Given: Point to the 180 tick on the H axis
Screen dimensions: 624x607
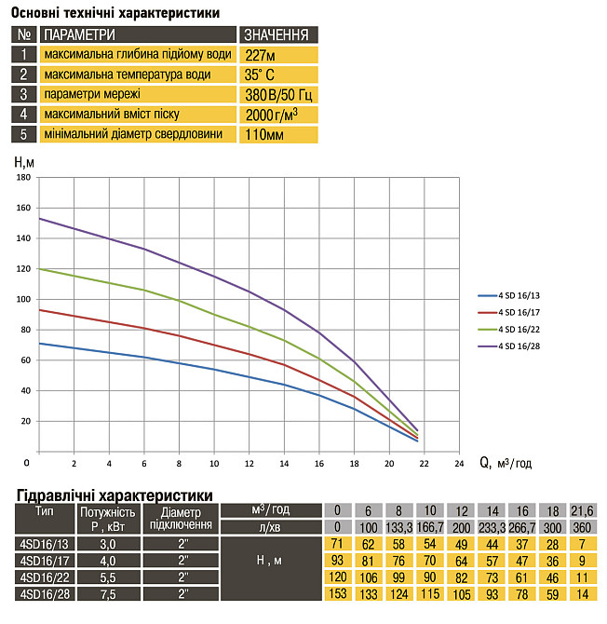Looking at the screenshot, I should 24,177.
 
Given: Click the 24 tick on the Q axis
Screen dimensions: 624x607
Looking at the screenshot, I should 458,462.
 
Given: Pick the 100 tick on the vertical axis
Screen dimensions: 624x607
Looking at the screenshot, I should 24,299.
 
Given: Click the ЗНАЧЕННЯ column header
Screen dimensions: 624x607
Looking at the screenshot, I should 275,34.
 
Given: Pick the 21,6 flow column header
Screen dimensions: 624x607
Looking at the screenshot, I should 582,510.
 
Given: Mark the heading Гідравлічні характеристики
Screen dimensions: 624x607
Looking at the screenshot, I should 114,494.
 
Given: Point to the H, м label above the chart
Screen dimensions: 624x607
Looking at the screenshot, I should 25,162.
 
